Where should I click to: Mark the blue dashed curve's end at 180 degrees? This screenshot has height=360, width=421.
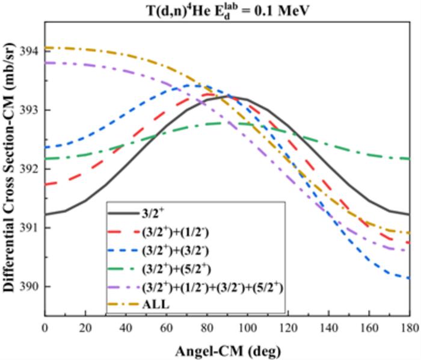pos(409,278)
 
